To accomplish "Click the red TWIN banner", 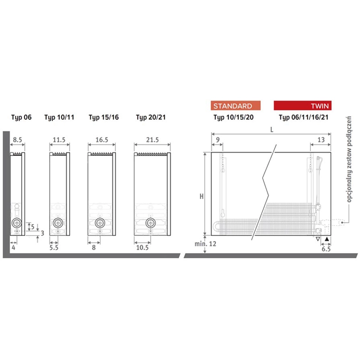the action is coord(302,105).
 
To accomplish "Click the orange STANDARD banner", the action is coord(235,106).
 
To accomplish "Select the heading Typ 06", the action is coord(21,117).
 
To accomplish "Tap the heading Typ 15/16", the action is coord(104,117).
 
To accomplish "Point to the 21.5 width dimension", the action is coord(153,139).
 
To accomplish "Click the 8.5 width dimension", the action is coord(18,139).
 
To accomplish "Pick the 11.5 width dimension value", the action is coord(59,139).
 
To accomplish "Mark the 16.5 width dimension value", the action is coord(102,139).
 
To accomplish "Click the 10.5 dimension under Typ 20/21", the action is coord(142,248).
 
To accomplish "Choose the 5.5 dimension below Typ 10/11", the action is coord(54,248).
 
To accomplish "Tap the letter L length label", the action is coord(272,130).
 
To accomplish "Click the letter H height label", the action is coord(202,196).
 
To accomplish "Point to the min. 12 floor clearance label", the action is coord(206,244).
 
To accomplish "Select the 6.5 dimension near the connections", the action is coord(326,249).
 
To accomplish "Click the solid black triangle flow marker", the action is coord(327,239).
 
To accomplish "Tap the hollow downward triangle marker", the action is coord(318,239).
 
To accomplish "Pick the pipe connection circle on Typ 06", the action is coord(17,223).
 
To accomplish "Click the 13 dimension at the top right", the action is coord(321,139).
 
